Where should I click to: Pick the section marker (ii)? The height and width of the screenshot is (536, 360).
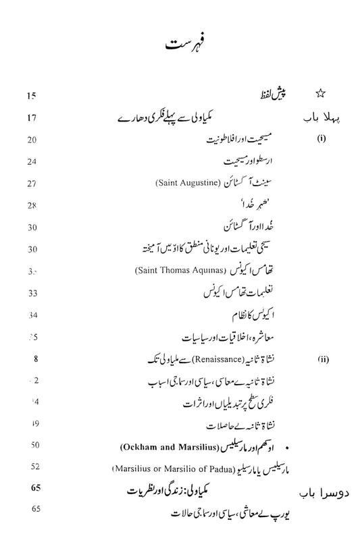click(x=319, y=360)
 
